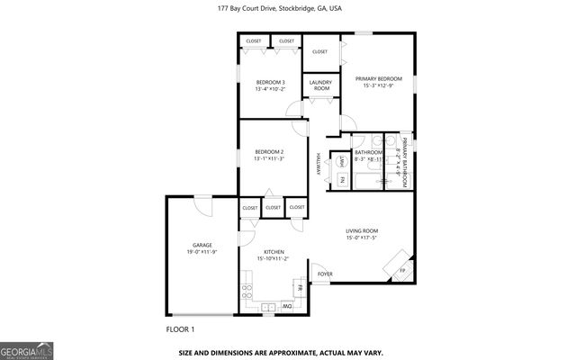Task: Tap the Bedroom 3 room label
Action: [270, 83]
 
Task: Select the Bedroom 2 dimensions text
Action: [269, 158]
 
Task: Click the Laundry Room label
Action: [320, 85]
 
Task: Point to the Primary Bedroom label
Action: [377, 78]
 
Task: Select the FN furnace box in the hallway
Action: [343, 180]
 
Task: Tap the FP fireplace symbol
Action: [402, 269]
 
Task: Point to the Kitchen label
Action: [274, 252]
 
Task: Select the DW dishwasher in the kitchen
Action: [286, 306]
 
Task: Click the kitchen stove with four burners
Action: [247, 292]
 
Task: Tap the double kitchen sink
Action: [268, 307]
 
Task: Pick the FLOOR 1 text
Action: [180, 331]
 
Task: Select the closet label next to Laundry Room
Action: [320, 52]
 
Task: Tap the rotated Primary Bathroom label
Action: [404, 162]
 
